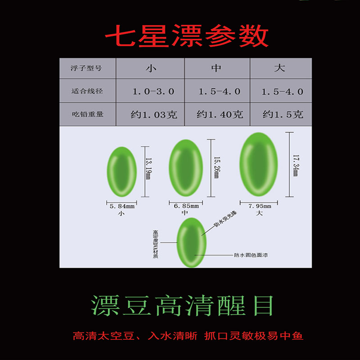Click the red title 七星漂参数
[x=187, y=37]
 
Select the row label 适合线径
[x=87, y=91]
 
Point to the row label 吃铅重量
[x=87, y=114]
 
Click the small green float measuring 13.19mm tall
[x=121, y=172]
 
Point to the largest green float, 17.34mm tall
[x=258, y=165]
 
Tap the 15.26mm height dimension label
[x=216, y=167]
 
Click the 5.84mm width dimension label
[x=122, y=207]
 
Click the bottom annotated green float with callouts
[x=191, y=243]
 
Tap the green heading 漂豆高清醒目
[x=183, y=306]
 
